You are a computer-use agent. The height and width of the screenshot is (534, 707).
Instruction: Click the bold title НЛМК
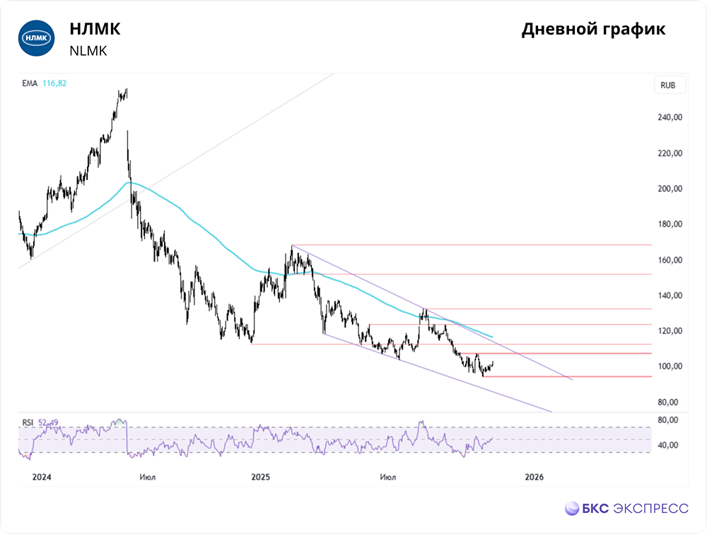(95, 30)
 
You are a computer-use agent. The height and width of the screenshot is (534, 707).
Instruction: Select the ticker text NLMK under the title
(88, 51)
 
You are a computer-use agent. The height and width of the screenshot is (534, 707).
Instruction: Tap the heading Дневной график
(593, 30)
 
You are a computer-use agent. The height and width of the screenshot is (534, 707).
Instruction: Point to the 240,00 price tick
(669, 118)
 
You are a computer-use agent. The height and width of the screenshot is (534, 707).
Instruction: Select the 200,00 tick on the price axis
(669, 189)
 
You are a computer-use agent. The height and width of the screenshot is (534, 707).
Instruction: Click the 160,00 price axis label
(669, 260)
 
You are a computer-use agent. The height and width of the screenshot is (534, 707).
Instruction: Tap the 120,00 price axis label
(669, 331)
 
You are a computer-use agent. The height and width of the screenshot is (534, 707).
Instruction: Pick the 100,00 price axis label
(669, 366)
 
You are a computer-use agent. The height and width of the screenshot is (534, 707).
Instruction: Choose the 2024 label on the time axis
(42, 477)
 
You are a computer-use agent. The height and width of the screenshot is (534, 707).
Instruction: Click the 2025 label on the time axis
(261, 477)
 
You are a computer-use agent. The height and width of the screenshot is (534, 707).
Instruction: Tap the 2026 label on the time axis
(534, 477)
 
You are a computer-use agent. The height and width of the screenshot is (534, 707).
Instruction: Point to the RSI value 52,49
(47, 422)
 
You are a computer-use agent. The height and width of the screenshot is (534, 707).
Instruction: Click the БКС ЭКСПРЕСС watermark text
(636, 508)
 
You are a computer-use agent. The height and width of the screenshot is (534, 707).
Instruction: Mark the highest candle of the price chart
(126, 90)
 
